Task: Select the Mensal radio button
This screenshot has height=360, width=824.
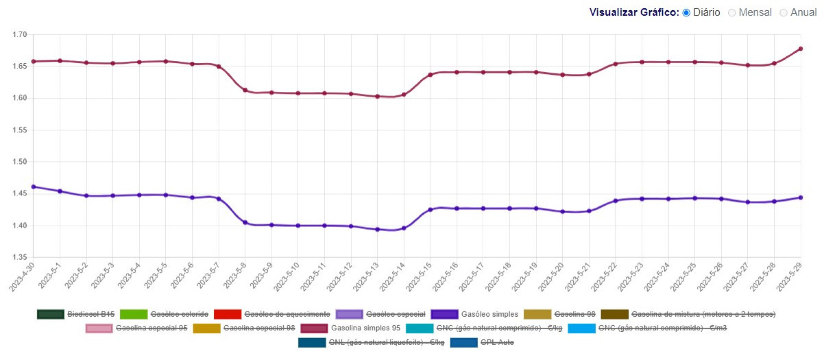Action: click(x=732, y=13)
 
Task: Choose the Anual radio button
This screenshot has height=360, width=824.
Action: click(x=783, y=13)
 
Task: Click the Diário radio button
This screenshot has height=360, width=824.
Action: click(x=686, y=13)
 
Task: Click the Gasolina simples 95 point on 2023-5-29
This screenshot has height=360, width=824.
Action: click(x=801, y=49)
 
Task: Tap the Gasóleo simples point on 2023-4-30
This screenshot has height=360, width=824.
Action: click(x=33, y=187)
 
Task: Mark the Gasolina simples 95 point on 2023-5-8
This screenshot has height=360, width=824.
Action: click(x=245, y=91)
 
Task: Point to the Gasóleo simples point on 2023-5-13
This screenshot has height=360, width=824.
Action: click(x=378, y=230)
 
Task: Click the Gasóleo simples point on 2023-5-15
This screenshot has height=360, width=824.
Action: click(x=430, y=210)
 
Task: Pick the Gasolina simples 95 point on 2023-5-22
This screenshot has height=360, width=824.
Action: click(x=615, y=64)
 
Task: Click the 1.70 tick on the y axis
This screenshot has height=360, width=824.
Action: click(x=20, y=35)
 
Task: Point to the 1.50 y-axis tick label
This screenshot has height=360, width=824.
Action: click(x=20, y=162)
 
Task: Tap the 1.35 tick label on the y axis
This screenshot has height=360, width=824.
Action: click(x=20, y=257)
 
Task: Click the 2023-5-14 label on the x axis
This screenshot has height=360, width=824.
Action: click(x=393, y=277)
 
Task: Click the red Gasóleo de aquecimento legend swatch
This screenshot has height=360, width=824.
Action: click(x=227, y=315)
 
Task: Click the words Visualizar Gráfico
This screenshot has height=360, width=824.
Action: click(x=634, y=12)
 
